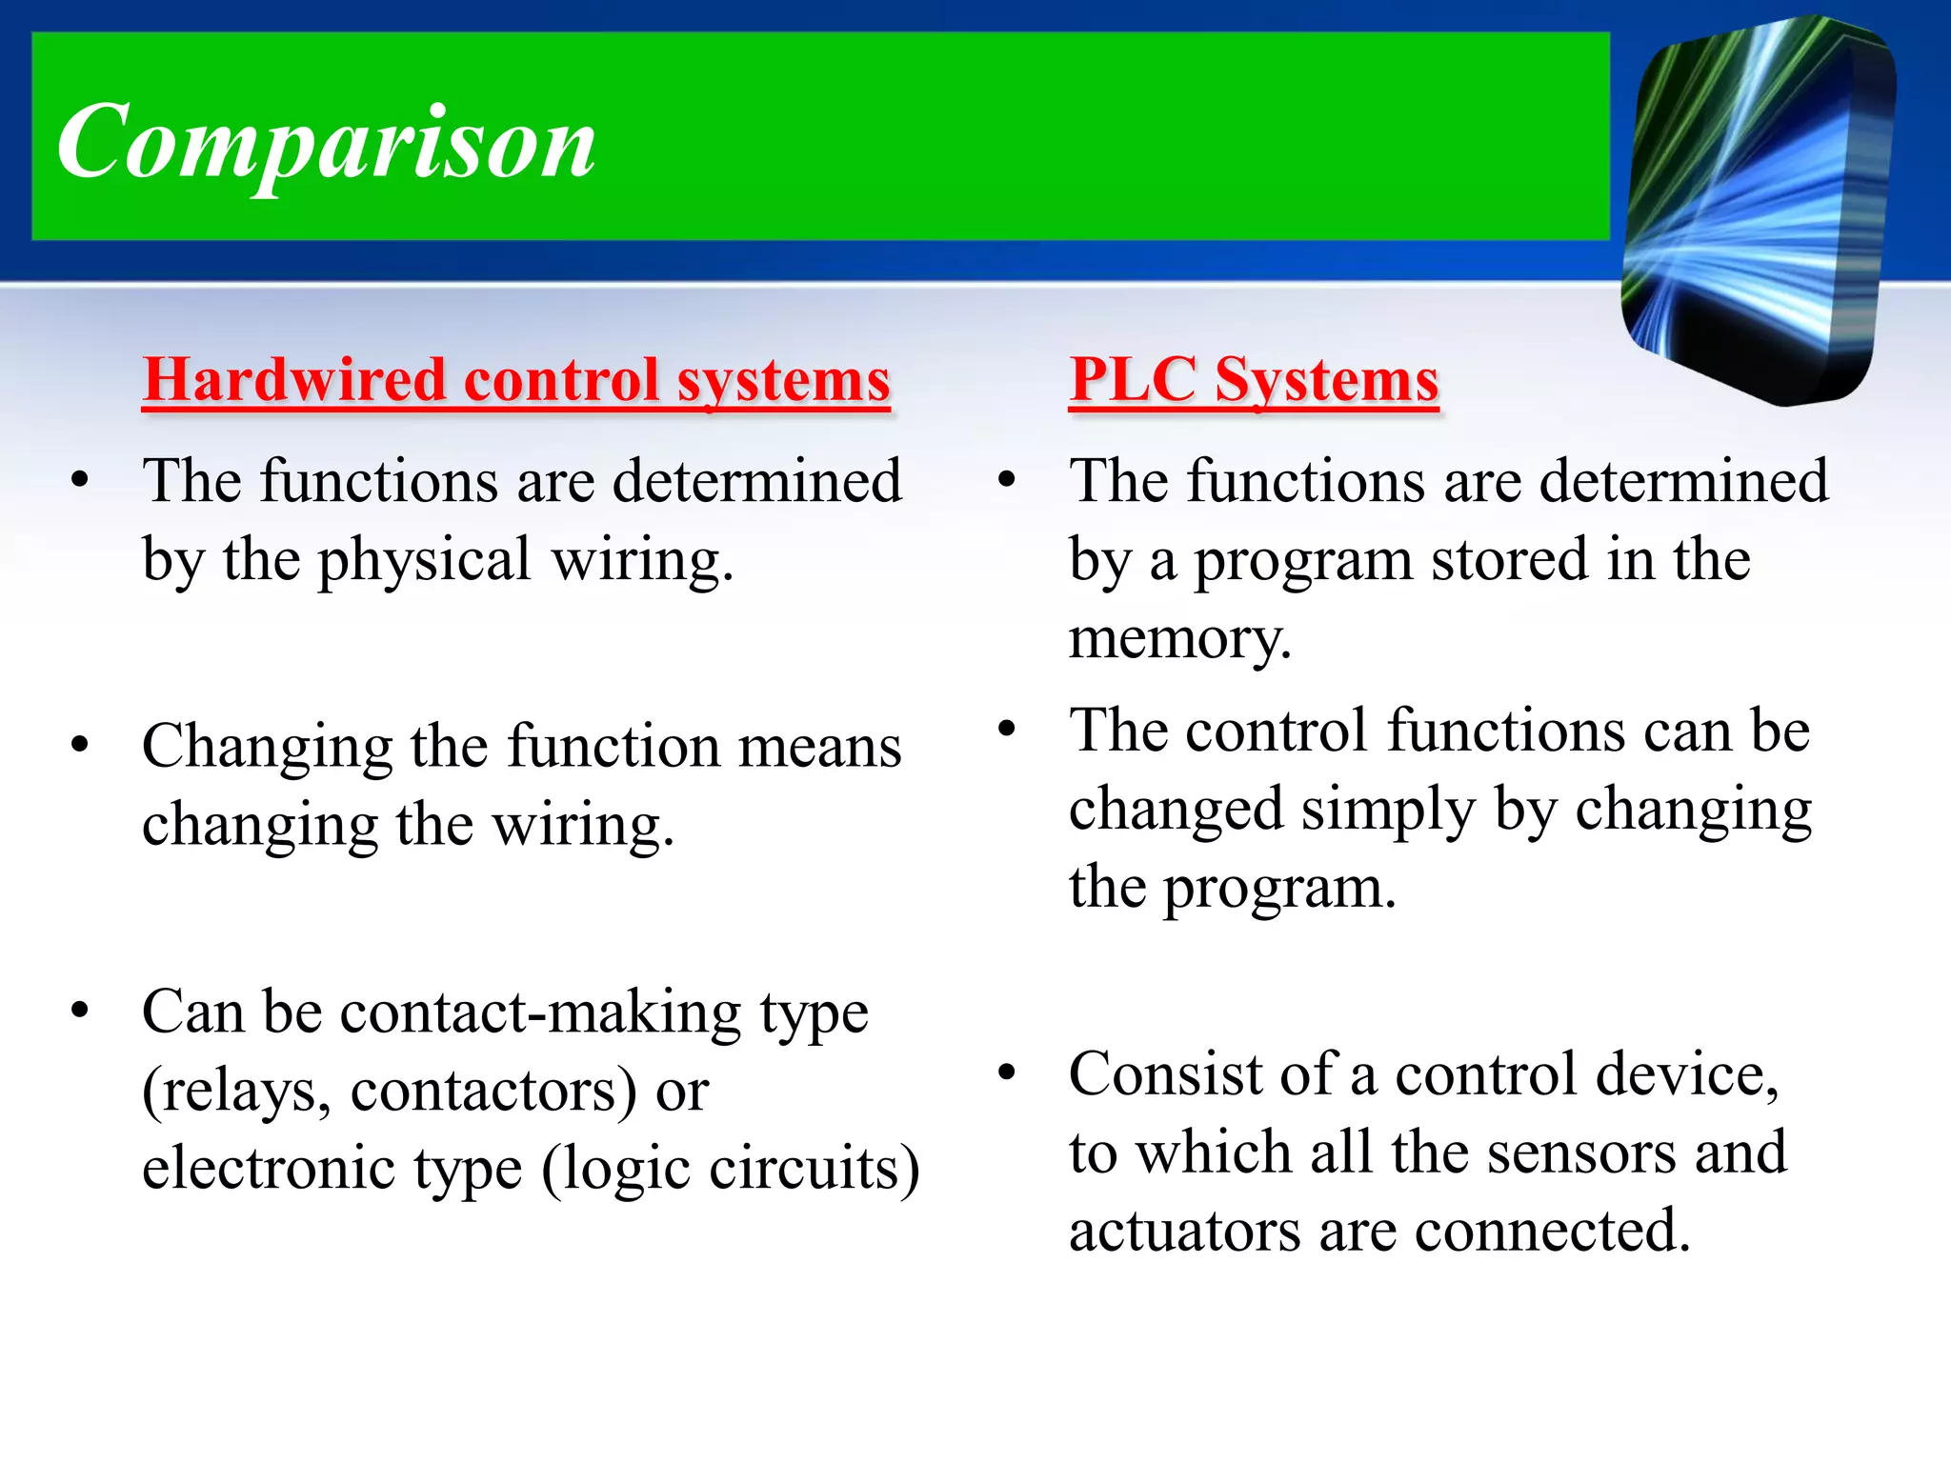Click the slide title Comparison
[x=327, y=143]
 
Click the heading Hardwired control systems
[x=516, y=380]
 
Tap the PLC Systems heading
[x=1254, y=380]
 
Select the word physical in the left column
[x=424, y=560]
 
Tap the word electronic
[x=269, y=1168]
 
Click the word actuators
[x=1184, y=1231]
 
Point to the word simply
[x=1387, y=810]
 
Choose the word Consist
[x=1165, y=1074]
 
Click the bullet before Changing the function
[x=80, y=746]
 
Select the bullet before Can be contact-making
[x=80, y=1011]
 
